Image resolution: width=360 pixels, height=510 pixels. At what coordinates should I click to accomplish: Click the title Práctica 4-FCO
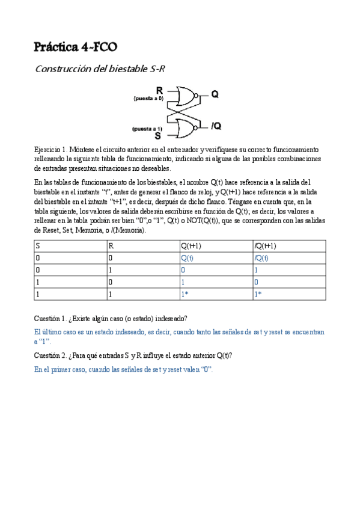click(75, 46)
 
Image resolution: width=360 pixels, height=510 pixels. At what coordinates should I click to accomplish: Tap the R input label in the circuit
click(159, 90)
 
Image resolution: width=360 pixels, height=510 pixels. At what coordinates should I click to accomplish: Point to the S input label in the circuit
click(158, 135)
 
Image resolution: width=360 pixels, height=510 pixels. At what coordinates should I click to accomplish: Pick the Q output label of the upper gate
click(215, 94)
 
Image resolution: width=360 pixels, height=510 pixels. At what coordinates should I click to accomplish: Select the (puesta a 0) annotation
click(148, 97)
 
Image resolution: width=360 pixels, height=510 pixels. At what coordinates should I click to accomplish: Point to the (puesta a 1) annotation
click(147, 128)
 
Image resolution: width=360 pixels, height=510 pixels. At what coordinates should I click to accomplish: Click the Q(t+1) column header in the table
click(191, 246)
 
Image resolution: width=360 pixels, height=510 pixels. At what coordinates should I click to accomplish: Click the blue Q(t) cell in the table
click(188, 258)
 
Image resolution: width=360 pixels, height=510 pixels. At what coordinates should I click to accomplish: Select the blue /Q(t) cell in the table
click(261, 258)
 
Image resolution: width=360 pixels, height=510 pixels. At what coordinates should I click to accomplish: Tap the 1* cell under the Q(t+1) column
click(185, 294)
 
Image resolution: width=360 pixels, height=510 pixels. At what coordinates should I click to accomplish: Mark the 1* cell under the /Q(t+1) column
click(258, 294)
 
